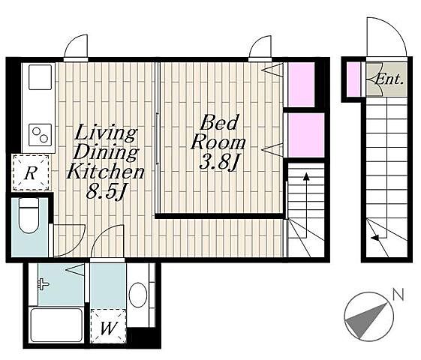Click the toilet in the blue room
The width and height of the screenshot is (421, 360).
click(29, 215)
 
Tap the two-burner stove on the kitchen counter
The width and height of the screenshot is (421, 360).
click(41, 135)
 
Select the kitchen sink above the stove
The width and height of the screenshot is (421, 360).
click(40, 77)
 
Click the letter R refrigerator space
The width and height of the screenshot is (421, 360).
click(31, 172)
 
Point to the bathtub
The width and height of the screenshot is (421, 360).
click(56, 325)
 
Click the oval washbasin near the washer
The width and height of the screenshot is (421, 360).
click(138, 295)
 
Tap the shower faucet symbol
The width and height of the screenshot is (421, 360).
click(43, 284)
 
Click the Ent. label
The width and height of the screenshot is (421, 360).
click(389, 79)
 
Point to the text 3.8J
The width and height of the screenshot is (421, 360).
click(219, 162)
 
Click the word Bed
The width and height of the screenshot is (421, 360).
click(219, 122)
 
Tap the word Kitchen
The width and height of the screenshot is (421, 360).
click(106, 171)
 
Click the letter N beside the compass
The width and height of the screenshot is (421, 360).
click(398, 295)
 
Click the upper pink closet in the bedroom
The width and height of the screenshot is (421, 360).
click(301, 85)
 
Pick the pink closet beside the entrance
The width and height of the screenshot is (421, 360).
click(353, 79)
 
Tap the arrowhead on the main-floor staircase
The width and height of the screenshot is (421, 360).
click(306, 176)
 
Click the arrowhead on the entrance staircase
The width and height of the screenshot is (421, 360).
click(374, 238)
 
